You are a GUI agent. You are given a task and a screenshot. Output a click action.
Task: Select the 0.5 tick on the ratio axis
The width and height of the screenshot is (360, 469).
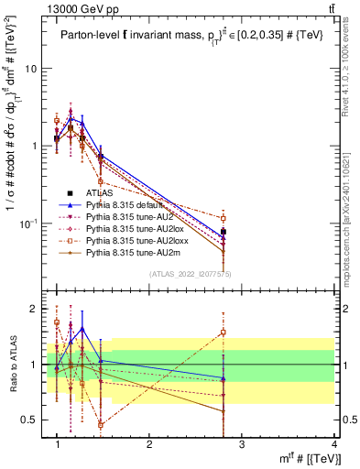29,420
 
